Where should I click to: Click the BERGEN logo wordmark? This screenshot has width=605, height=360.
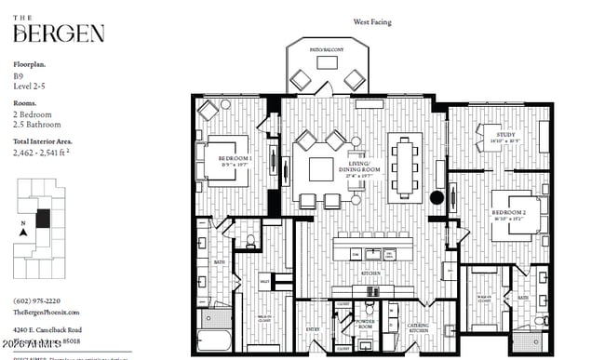click(58, 33)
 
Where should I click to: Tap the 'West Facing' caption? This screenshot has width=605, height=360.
click(371, 20)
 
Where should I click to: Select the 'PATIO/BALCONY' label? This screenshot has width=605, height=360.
click(326, 48)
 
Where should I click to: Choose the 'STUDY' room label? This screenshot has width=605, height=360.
click(506, 135)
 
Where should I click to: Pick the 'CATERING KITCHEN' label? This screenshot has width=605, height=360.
click(419, 328)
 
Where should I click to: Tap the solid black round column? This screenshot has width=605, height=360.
click(437, 197)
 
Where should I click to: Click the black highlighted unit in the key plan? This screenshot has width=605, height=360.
click(42, 221)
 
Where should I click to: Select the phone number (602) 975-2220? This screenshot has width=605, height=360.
click(38, 301)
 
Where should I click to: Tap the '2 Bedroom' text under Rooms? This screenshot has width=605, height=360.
click(33, 114)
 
